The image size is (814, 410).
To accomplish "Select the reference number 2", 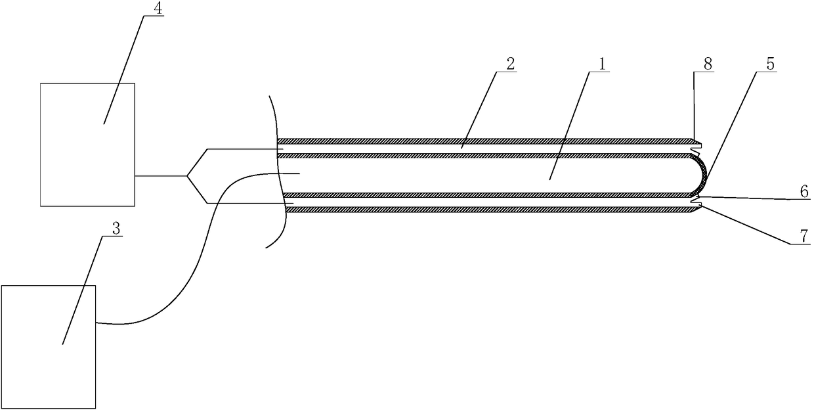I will point(511,63).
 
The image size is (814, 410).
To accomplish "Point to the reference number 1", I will point(604,63).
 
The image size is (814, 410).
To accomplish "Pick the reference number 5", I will point(770,64).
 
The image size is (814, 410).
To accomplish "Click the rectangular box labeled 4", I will point(87,145).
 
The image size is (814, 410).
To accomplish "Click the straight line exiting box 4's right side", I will point(161,176).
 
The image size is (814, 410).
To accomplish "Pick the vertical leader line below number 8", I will point(694,105).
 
